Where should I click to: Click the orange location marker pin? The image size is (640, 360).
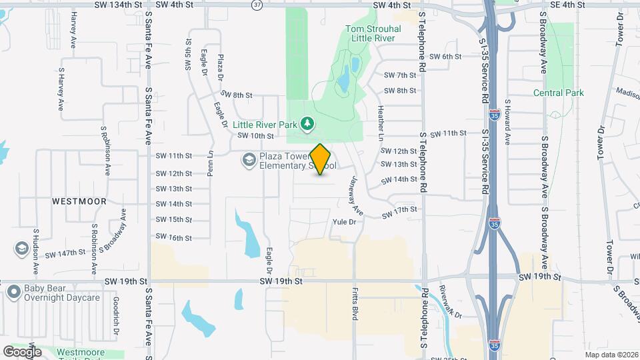pyautogui.click(x=321, y=159)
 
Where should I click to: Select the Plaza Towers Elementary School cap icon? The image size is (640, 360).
pyautogui.click(x=249, y=159)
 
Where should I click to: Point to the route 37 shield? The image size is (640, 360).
pyautogui.click(x=257, y=5)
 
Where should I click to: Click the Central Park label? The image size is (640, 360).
pyautogui.click(x=559, y=93)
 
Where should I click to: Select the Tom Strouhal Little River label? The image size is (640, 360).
pyautogui.click(x=370, y=33)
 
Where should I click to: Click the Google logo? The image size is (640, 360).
pyautogui.click(x=22, y=351)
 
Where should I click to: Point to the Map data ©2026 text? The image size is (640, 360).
pyautogui.click(x=611, y=354)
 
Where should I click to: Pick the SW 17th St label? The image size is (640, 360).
pyautogui.click(x=399, y=213)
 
